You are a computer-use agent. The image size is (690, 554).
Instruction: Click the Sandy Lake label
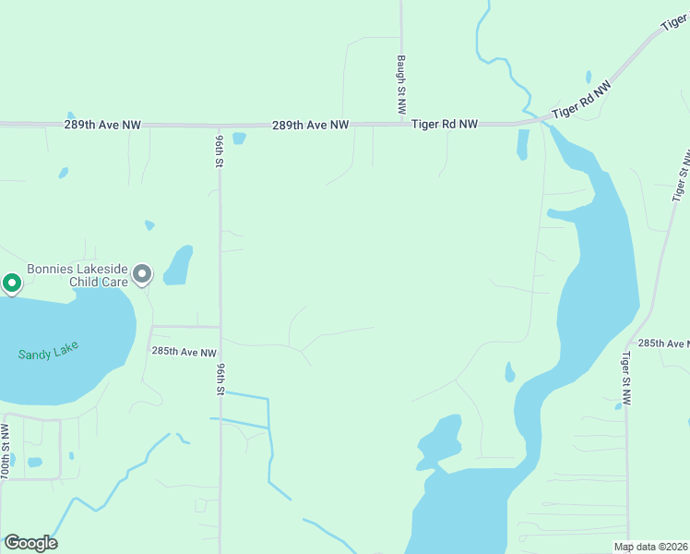click(x=48, y=351)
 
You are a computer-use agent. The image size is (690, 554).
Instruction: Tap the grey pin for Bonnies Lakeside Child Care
click(x=142, y=274)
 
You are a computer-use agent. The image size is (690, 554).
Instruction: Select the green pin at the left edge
click(x=11, y=283)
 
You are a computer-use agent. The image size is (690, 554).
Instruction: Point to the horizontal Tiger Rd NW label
click(x=445, y=124)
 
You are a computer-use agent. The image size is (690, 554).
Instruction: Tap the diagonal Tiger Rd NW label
click(x=581, y=102)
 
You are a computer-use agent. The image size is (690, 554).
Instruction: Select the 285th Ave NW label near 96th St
click(x=184, y=352)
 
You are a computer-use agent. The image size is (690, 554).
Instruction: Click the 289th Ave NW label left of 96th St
click(x=103, y=124)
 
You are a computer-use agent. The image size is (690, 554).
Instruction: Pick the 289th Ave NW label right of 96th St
click(x=311, y=124)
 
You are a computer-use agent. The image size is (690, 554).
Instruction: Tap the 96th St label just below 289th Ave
click(x=220, y=150)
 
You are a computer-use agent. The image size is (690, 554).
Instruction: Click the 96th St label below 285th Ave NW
click(x=220, y=379)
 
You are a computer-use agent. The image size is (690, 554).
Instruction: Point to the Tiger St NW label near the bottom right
click(x=626, y=379)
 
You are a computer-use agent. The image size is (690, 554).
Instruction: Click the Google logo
click(x=30, y=543)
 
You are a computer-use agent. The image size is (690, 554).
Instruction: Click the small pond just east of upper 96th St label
click(x=240, y=139)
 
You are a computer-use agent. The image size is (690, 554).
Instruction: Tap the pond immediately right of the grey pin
click(x=178, y=265)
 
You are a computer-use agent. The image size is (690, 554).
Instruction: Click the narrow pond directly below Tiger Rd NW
click(x=523, y=144)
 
